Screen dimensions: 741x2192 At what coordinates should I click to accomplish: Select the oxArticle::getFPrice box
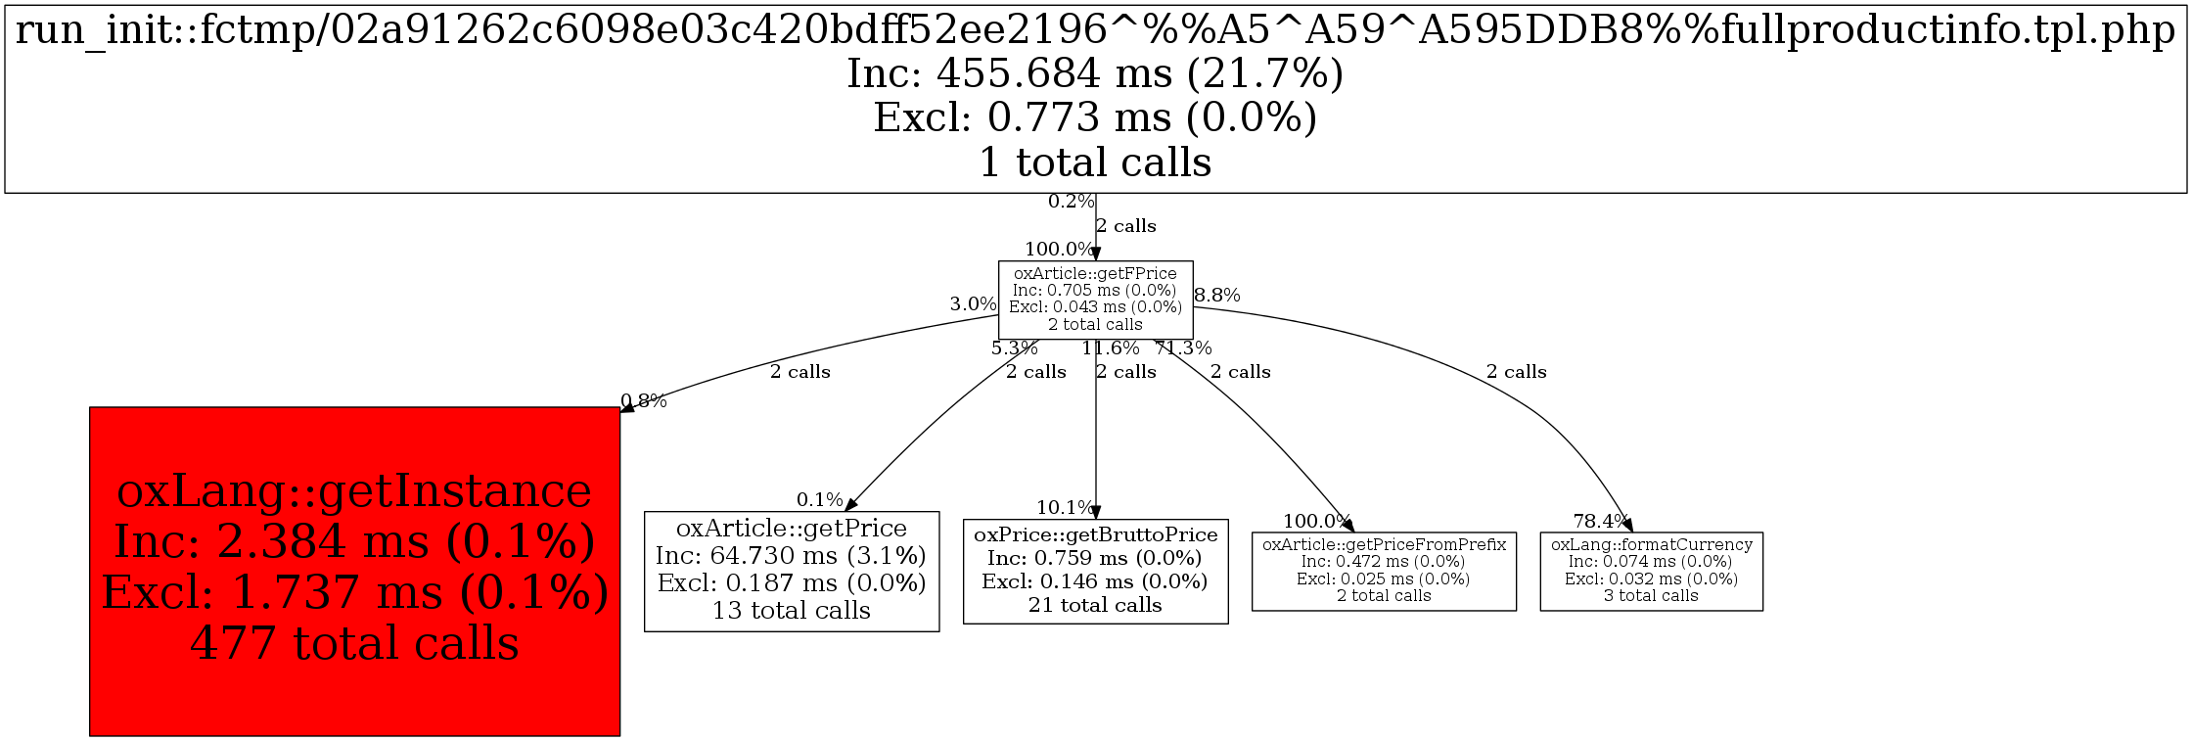click(x=1095, y=299)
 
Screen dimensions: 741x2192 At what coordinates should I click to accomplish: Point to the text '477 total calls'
click(x=354, y=644)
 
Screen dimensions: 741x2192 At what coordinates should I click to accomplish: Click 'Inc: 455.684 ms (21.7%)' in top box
click(x=1095, y=74)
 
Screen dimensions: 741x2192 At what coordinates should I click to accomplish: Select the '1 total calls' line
click(x=1095, y=162)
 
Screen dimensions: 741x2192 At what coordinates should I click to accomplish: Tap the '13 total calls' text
click(x=792, y=611)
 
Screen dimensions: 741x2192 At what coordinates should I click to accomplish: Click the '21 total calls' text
click(x=1095, y=605)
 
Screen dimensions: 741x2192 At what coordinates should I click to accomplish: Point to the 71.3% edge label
click(x=1184, y=347)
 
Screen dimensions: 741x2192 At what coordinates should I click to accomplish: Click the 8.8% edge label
click(x=1217, y=295)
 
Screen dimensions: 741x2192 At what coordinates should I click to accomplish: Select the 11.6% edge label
click(x=1111, y=347)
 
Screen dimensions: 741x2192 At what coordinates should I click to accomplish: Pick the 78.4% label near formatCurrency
click(x=1600, y=521)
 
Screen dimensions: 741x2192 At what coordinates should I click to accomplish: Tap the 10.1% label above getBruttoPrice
click(x=1065, y=507)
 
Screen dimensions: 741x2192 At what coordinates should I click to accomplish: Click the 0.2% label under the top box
click(x=1071, y=202)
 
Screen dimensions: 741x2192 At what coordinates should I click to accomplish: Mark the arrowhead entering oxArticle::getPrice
click(x=850, y=504)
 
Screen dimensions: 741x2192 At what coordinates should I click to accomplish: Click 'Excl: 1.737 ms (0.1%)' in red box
click(x=354, y=593)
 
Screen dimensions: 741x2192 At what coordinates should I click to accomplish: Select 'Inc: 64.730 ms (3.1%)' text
click(x=792, y=556)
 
